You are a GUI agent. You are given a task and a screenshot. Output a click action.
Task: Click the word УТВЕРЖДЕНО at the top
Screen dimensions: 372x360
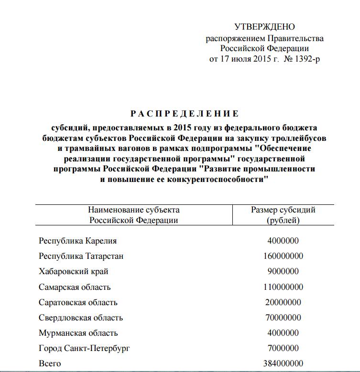pyautogui.click(x=265, y=27)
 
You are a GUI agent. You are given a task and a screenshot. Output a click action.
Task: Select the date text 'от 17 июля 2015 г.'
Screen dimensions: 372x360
pyautogui.click(x=244, y=59)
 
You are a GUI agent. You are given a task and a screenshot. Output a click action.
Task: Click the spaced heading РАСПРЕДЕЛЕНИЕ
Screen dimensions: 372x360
pyautogui.click(x=184, y=114)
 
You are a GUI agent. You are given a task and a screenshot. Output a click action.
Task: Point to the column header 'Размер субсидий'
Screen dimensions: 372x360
pyautogui.click(x=283, y=210)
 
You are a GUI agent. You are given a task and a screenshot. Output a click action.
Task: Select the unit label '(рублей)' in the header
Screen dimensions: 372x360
pyautogui.click(x=283, y=220)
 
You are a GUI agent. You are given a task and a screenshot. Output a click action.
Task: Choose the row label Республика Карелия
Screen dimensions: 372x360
pyautogui.click(x=78, y=241)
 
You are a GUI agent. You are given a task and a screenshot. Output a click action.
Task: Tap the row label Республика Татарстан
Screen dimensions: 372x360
pyautogui.click(x=81, y=256)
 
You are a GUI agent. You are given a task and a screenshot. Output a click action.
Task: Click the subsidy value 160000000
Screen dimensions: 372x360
pyautogui.click(x=283, y=256)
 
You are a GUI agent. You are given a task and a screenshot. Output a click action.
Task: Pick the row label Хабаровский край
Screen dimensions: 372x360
pyautogui.click(x=74, y=271)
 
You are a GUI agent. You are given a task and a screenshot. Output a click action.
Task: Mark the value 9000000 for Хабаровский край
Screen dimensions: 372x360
pyautogui.click(x=283, y=271)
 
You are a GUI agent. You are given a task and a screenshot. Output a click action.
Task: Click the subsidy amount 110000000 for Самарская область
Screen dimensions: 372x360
pyautogui.click(x=283, y=287)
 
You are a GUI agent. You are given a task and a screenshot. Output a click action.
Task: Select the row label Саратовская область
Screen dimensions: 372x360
pyautogui.click(x=78, y=302)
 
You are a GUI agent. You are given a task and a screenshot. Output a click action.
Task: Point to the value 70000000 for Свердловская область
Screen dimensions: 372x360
pyautogui.click(x=283, y=318)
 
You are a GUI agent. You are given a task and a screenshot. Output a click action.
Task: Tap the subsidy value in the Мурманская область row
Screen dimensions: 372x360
pyautogui.click(x=283, y=333)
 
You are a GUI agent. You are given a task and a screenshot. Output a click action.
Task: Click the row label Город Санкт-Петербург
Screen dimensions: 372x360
pyautogui.click(x=84, y=348)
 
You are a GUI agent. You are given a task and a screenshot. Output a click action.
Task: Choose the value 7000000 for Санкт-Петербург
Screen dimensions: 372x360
pyautogui.click(x=283, y=348)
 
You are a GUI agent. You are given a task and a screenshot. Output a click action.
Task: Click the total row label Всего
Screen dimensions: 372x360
pyautogui.click(x=50, y=363)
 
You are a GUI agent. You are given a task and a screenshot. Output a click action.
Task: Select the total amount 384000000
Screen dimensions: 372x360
pyautogui.click(x=283, y=363)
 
